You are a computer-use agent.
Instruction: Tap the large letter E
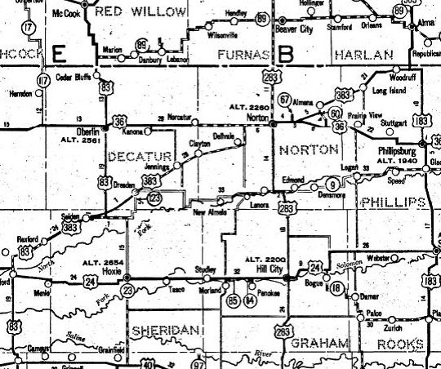point(58,53)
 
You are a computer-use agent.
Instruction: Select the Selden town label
point(70,216)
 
